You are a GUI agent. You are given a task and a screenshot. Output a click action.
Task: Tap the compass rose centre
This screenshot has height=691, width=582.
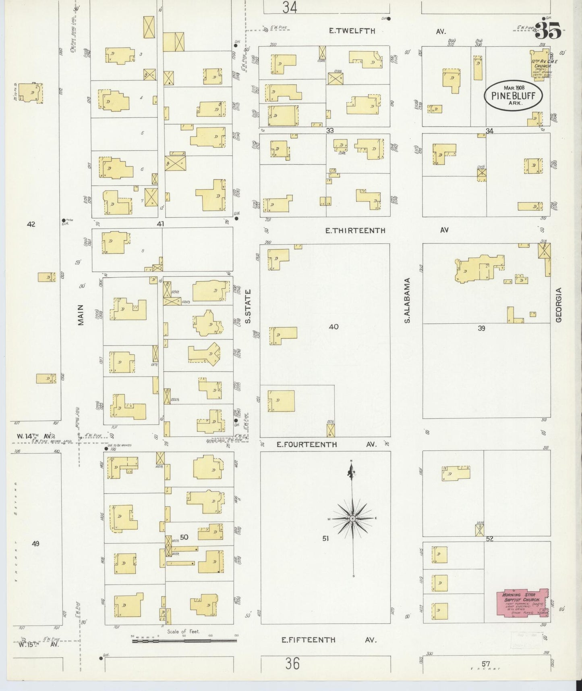tap(352, 518)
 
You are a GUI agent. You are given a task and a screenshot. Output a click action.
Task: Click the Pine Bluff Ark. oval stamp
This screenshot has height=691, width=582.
tap(513, 96)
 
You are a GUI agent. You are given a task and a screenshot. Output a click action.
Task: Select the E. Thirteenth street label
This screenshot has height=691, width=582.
tap(355, 231)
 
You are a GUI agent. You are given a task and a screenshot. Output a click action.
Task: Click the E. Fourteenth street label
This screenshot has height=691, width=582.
tap(307, 444)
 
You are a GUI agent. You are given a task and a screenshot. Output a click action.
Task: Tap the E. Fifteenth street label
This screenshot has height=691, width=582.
tap(309, 640)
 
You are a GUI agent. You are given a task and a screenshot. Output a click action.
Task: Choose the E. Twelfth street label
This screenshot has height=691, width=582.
tap(352, 31)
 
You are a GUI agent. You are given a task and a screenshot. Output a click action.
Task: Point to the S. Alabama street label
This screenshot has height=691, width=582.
tap(407, 300)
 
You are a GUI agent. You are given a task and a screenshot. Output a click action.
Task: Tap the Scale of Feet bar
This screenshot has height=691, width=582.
tap(184, 640)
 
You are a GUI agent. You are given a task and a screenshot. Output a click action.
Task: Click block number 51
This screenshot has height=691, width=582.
tap(325, 538)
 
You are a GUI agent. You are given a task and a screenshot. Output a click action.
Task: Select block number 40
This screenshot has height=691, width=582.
tap(333, 327)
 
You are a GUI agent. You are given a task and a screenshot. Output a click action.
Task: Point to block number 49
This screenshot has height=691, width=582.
tap(35, 543)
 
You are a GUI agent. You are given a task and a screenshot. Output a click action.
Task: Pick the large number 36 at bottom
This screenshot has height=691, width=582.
tap(292, 664)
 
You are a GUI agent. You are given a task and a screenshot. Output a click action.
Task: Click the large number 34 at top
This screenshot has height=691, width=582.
tap(290, 7)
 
